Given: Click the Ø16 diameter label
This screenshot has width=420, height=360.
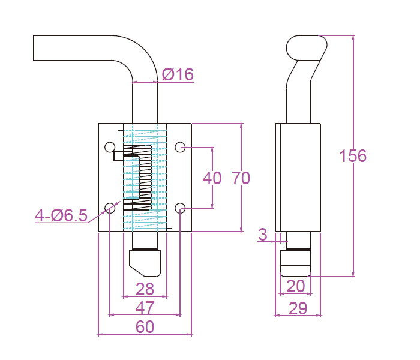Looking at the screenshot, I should (178, 74).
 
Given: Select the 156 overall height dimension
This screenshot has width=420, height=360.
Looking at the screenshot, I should (352, 156).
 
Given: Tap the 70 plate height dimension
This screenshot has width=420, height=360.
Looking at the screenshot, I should (241, 178).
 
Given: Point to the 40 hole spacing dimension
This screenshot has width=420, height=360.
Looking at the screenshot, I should (212, 178).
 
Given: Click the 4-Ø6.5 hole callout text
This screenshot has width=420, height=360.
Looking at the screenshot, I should (61, 215).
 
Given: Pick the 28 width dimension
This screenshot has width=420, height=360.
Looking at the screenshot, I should (145, 290).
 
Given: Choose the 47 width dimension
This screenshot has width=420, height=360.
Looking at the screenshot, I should (145, 308).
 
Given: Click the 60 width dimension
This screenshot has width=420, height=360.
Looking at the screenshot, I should (145, 327).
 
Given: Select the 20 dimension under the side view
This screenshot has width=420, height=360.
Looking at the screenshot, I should (295, 286).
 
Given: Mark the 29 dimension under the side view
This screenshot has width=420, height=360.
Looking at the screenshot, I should (298, 308).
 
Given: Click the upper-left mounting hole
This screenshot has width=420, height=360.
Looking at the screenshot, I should (110, 147).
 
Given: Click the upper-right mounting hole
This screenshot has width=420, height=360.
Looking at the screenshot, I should (180, 147).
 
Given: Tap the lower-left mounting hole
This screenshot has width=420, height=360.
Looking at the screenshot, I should (110, 208).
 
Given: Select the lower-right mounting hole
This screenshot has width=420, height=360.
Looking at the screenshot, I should (180, 208).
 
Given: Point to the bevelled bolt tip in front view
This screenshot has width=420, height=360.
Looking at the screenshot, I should (145, 262).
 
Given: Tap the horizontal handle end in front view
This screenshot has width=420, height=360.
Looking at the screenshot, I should (42, 48).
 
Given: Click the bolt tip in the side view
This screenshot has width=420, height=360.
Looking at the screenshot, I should (296, 263).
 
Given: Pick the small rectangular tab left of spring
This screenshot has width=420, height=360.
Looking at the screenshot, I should (118, 156).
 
